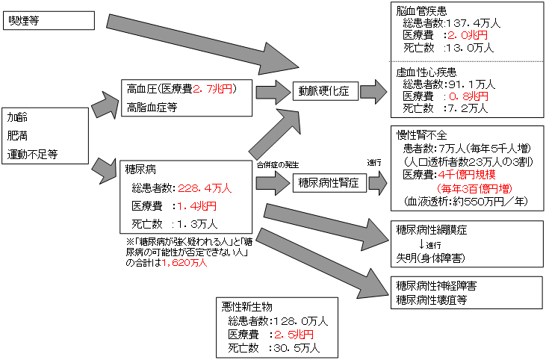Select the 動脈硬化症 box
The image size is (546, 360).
tap(323, 91)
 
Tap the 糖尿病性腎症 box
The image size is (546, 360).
tap(329, 181)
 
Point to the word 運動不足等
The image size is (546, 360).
tap(33, 155)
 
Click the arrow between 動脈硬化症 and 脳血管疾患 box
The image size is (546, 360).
tap(374, 91)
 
